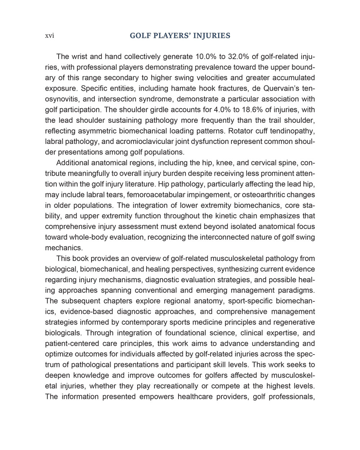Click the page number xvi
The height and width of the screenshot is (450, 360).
(49, 36)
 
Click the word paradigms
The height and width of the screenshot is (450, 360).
(297, 290)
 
